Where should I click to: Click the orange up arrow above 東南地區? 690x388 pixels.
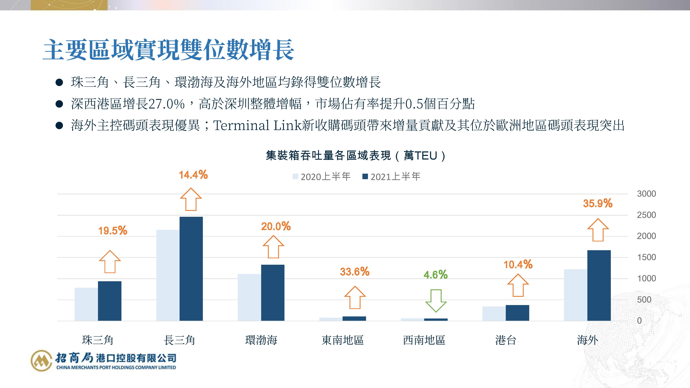pyautogui.click(x=355, y=297)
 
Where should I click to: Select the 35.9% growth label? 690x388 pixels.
pyautogui.click(x=598, y=203)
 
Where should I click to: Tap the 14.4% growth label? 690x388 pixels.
pyautogui.click(x=193, y=175)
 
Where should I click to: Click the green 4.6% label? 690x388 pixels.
pyautogui.click(x=436, y=275)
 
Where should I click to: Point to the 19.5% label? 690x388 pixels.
pyautogui.click(x=112, y=231)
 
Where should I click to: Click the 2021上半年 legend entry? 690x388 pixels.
pyautogui.click(x=392, y=176)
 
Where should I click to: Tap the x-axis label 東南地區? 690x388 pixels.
pyautogui.click(x=343, y=340)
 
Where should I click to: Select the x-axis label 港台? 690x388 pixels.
pyautogui.click(x=505, y=340)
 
